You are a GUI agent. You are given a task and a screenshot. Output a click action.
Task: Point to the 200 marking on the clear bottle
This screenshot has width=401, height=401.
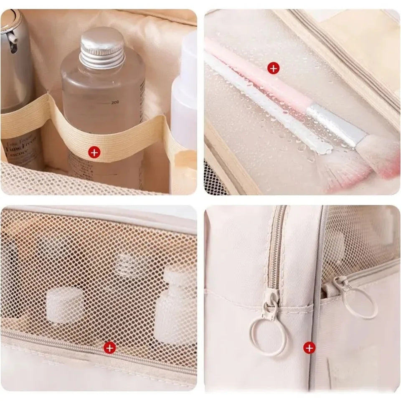[115, 102]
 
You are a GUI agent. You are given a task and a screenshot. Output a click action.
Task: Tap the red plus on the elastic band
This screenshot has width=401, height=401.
[95, 152]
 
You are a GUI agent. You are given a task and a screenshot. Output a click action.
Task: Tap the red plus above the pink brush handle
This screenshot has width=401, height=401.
[273, 68]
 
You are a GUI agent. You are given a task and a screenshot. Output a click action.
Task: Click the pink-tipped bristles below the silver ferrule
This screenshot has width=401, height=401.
[378, 157]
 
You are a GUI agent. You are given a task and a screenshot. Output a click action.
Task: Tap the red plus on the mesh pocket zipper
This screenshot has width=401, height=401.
[109, 347]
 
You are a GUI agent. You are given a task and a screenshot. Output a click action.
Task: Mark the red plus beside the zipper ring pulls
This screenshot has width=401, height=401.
[309, 347]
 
